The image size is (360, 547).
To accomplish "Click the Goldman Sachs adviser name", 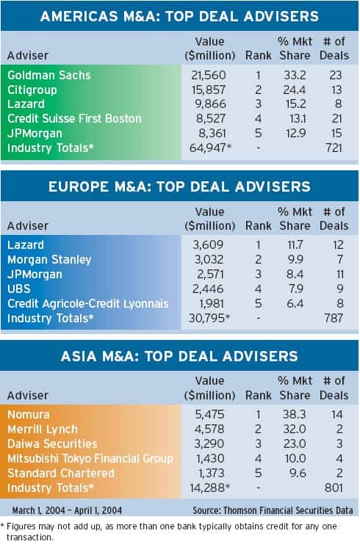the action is point(49,75).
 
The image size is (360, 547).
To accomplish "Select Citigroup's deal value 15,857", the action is point(209,90).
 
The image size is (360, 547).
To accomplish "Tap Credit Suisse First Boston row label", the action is point(74,119).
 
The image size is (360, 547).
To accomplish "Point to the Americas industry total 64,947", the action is point(208,148).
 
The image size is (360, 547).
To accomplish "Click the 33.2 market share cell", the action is point(295,75).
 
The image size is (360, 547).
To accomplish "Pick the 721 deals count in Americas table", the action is point(334,148).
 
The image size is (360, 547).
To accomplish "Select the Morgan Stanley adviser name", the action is point(49,259).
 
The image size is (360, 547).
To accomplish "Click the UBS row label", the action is point(19,289).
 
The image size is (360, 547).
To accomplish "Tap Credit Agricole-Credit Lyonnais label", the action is point(88,303).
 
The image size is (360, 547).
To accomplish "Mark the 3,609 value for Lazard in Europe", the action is point(208,245).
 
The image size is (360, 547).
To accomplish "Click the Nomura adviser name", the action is point(29,414).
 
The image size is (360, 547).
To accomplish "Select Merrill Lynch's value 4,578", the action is point(209,429).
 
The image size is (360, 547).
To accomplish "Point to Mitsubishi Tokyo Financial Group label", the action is point(90,458).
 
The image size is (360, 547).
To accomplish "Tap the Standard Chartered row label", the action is point(61,473).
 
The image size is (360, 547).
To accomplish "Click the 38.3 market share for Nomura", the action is point(295,414).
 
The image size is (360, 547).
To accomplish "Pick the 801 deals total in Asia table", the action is point(334,488).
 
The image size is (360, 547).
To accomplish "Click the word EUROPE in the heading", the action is point(79,186).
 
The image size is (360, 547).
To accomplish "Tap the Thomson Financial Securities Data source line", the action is point(273,510).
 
